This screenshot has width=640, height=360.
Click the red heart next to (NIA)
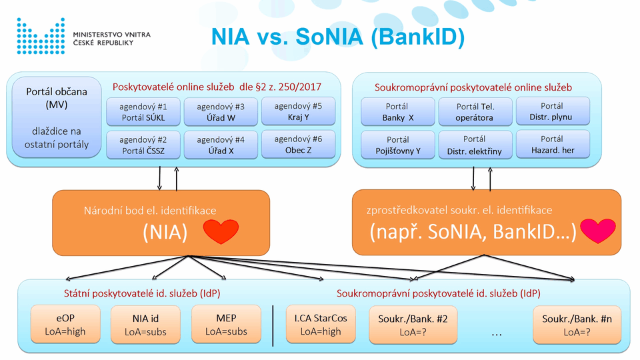point(221,231)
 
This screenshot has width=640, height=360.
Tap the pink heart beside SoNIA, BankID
point(598,231)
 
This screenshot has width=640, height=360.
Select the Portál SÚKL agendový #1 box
point(143,112)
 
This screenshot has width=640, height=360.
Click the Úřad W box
point(221,112)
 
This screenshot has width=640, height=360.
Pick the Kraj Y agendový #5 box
point(299,111)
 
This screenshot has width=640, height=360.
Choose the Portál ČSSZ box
point(143,145)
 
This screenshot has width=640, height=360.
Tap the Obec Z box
point(299,145)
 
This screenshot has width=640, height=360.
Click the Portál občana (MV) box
point(57,117)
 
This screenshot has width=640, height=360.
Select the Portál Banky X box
point(398,112)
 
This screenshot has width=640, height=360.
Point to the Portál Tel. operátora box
point(475,112)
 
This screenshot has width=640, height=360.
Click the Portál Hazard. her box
point(553,145)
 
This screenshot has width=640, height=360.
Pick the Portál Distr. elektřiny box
point(475,145)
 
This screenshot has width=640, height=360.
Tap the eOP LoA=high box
point(65,324)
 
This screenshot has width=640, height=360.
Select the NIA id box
point(145,325)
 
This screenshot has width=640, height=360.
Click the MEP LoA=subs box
point(226,324)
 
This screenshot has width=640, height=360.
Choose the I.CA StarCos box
point(321,324)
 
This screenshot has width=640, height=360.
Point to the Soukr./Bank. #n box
point(577,325)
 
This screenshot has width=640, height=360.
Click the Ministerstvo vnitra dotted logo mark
point(41,36)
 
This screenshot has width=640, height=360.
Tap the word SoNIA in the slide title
point(329,36)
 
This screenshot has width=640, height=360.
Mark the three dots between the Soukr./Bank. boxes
point(496,335)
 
